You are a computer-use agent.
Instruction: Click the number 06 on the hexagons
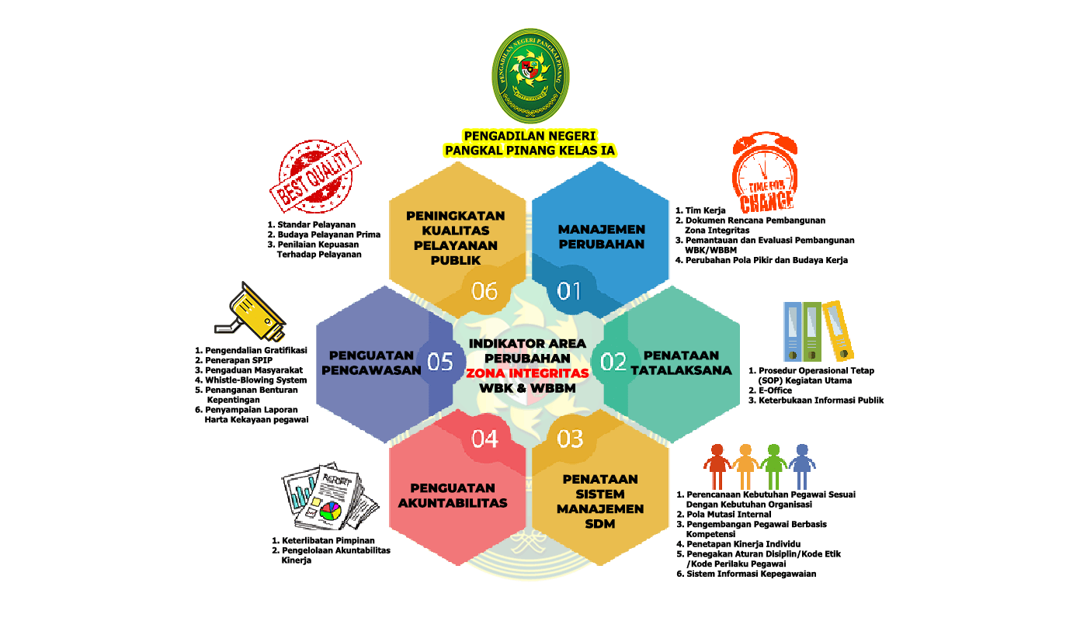pos(484,291)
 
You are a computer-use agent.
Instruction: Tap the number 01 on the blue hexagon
pos(570,291)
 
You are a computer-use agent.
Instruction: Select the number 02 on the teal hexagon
pos(613,363)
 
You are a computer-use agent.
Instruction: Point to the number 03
pos(570,439)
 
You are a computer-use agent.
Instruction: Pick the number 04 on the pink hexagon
pos(484,439)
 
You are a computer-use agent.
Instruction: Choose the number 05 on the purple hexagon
pos(440,363)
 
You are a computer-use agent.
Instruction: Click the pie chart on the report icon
pos(331,511)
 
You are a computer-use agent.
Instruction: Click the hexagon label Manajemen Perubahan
pos(601,237)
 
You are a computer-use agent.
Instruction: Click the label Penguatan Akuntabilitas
pos(452,495)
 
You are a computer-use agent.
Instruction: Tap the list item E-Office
pos(775,390)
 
